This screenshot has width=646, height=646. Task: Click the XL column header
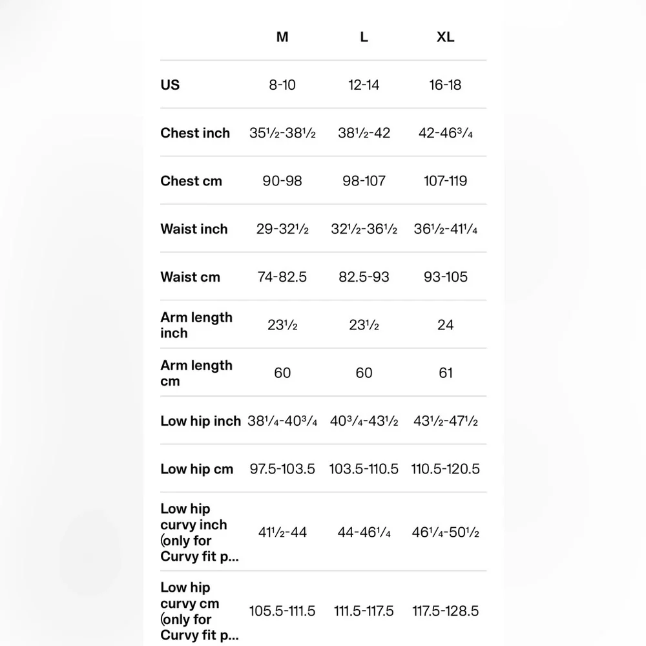pos(445,37)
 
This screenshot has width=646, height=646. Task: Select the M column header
pos(282,37)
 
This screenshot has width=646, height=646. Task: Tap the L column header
pos(364,37)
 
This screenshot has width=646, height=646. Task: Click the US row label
pos(171,85)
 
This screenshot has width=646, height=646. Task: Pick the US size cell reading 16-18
pos(445,85)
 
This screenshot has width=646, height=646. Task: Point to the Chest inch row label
pos(195,133)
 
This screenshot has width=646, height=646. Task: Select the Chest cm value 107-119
pos(445,181)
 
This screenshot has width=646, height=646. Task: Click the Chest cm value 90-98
pos(282,181)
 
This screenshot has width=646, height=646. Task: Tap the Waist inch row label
pos(194,229)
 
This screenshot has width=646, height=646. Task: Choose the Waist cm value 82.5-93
pos(364,277)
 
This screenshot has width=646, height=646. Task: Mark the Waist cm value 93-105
pos(445,277)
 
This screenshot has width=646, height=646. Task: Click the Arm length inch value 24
pos(445,325)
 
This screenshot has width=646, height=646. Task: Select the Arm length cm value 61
pos(445,373)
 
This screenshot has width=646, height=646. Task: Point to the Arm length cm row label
pos(196,373)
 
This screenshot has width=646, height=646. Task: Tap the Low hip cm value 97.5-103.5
pos(282,469)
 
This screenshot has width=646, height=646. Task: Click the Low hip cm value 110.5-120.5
pos(445,469)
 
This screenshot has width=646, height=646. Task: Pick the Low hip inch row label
pos(200,421)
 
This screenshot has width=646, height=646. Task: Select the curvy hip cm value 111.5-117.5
pos(364,611)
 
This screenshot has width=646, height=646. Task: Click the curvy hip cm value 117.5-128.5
pos(445,611)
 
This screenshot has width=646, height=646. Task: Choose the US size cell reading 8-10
pos(282,85)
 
